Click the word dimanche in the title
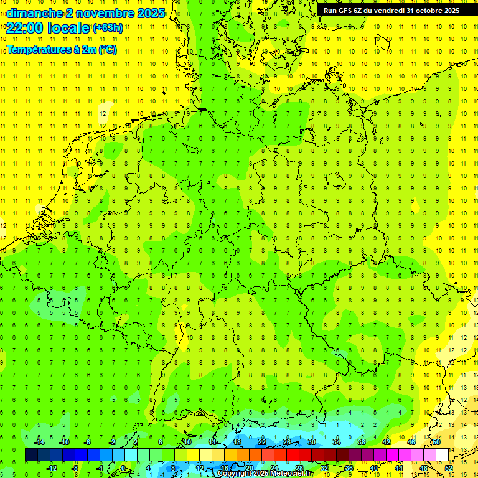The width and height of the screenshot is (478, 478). tap(34, 13)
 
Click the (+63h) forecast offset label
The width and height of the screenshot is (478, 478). tap(108, 27)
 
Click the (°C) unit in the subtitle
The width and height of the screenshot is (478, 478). tap(107, 50)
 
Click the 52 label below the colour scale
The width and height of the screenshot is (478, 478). tap(449, 468)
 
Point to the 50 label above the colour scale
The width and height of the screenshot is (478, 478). tap(436, 442)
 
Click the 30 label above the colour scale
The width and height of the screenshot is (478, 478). tap(312, 442)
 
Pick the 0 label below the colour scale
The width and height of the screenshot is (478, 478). tap(123, 468)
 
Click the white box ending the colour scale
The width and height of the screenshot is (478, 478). tap(443, 455)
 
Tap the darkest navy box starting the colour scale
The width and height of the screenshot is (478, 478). tap(31, 455)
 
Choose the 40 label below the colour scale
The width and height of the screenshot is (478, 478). tap(374, 468)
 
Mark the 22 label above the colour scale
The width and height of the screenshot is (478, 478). tap(262, 442)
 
